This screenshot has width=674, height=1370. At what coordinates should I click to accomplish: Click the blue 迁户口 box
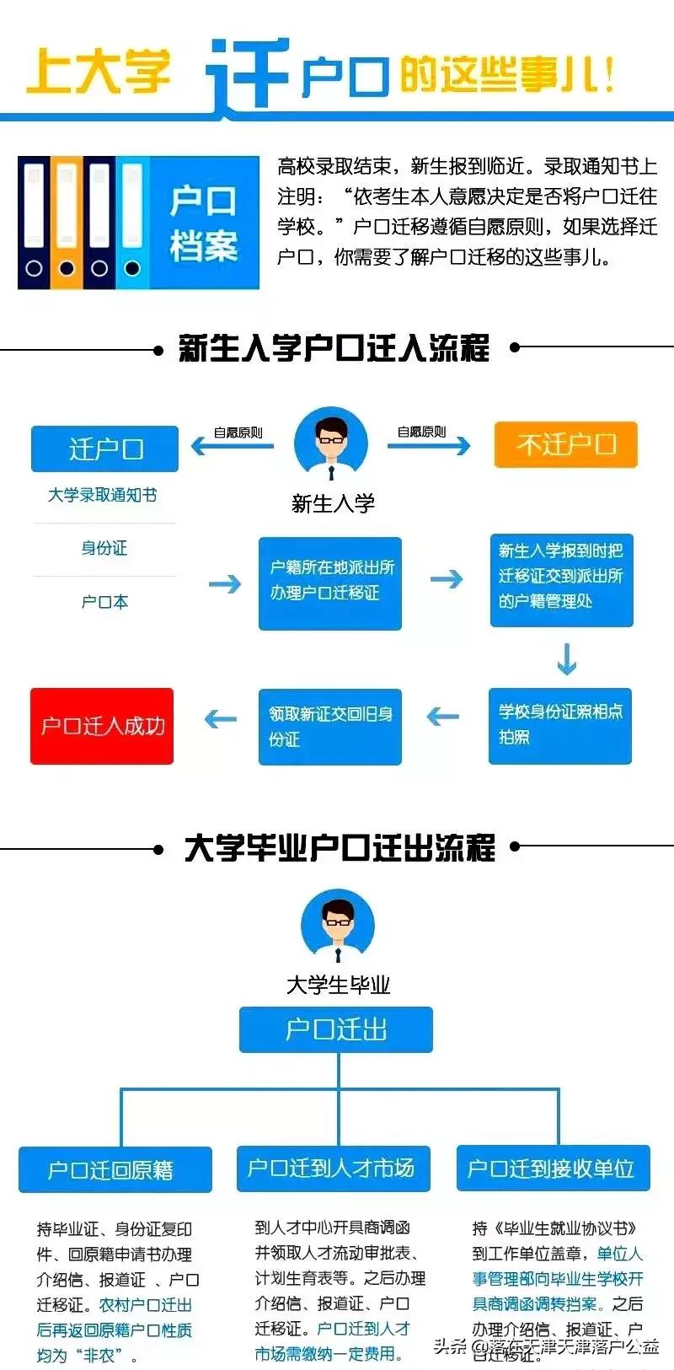[x=104, y=449]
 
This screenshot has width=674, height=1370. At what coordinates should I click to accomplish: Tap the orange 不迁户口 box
[x=565, y=444]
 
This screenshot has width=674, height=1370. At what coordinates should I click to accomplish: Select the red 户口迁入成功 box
[x=102, y=726]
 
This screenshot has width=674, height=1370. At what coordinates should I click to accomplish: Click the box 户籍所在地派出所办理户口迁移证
[x=330, y=583]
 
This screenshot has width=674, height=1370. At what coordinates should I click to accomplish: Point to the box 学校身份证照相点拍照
[x=560, y=726]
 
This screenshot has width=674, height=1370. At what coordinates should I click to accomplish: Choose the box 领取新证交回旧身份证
[x=329, y=726]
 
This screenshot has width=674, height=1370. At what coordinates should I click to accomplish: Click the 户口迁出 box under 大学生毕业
[x=336, y=1029]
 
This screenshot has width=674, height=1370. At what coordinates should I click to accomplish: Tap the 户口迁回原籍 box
[x=115, y=1169]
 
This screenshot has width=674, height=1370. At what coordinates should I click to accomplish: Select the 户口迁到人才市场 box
[x=334, y=1168]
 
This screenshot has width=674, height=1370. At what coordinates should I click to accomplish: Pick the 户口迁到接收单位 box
[x=553, y=1168]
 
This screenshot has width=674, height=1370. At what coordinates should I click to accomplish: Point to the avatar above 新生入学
[x=331, y=443]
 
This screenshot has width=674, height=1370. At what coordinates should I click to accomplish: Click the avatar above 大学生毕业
[x=338, y=927]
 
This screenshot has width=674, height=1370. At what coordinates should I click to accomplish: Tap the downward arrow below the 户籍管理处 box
[x=567, y=659]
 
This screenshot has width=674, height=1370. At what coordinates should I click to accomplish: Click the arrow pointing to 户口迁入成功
[x=221, y=719]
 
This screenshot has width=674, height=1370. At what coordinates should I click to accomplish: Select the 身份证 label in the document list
[x=104, y=548]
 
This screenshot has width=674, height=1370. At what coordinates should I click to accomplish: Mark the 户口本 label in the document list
[x=104, y=602]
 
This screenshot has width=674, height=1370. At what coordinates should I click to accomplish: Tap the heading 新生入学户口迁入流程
[x=334, y=348]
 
